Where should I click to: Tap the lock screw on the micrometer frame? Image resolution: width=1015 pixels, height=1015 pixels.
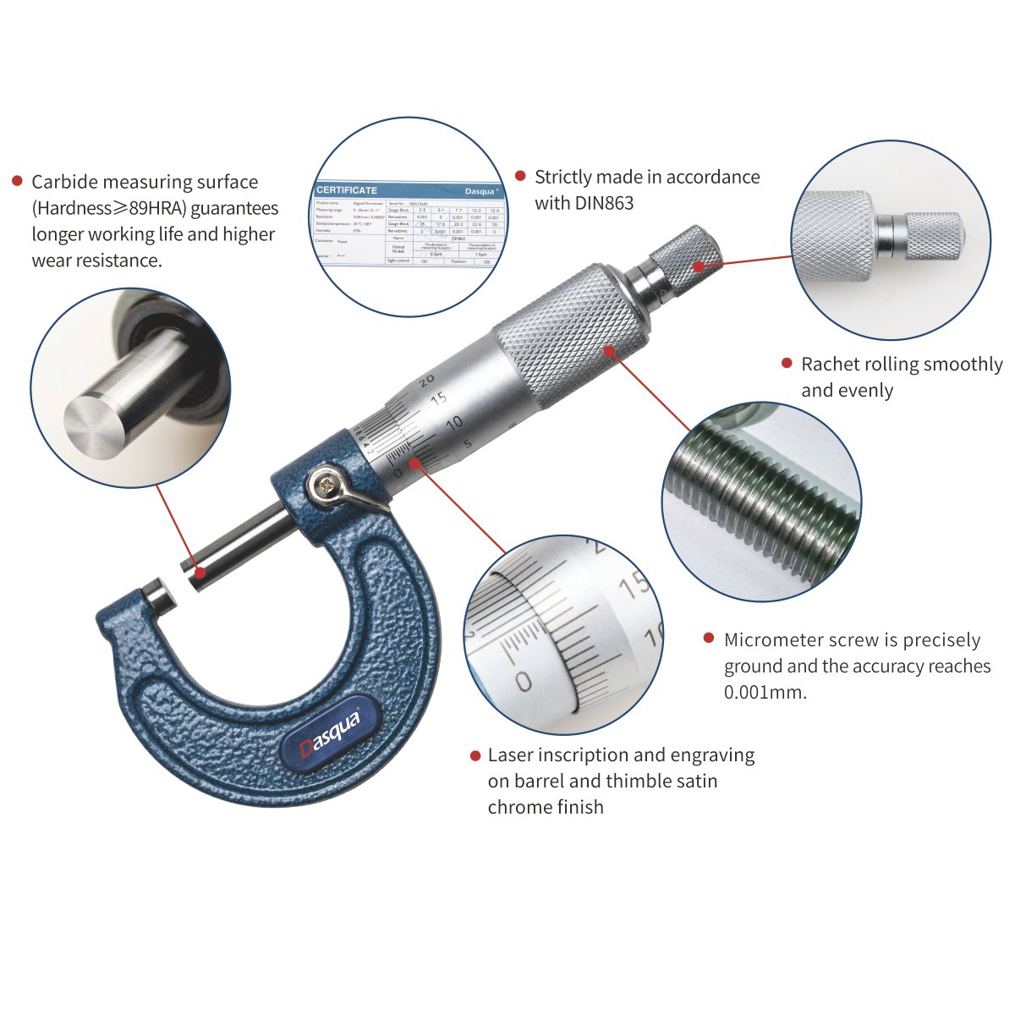click(326, 484)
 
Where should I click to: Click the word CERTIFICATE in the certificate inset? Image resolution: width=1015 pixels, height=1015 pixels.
click(347, 190)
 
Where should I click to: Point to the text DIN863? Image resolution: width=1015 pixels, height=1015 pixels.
click(604, 203)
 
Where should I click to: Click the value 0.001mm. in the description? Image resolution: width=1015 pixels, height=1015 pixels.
click(765, 692)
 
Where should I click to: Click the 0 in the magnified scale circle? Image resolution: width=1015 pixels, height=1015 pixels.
click(524, 681)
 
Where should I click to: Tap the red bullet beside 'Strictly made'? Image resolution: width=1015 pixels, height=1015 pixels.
click(520, 177)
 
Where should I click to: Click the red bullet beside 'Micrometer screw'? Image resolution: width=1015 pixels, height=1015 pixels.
click(709, 639)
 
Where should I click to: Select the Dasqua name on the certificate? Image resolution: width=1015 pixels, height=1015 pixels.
click(481, 191)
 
